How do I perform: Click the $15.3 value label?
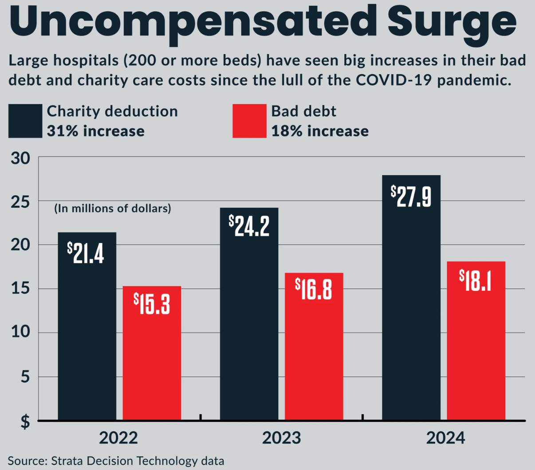(x=152, y=304)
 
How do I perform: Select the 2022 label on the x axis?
(x=118, y=438)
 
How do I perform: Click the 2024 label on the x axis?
(x=445, y=438)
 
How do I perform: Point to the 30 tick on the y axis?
(x=21, y=158)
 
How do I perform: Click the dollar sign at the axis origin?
(x=26, y=422)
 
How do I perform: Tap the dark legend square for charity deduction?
(x=25, y=121)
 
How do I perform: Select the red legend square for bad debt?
(x=249, y=121)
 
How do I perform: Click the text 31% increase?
(x=96, y=131)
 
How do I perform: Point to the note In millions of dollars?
(x=113, y=208)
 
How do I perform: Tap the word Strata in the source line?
(x=67, y=461)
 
